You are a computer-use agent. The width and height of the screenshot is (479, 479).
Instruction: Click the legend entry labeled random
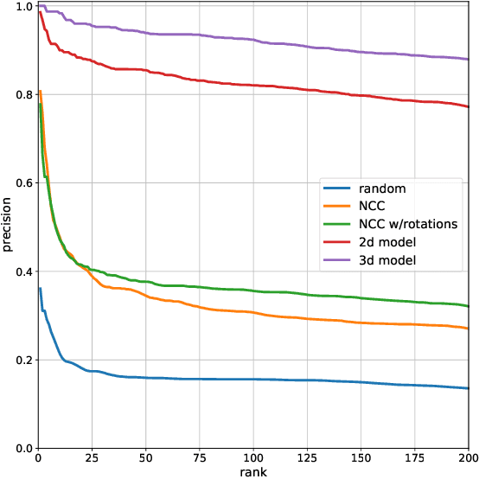(384, 187)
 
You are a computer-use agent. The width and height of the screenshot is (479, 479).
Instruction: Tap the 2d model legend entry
(390, 241)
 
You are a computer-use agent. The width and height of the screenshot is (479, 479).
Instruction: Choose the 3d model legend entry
(390, 259)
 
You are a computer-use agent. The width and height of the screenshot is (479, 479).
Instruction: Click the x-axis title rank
(252, 472)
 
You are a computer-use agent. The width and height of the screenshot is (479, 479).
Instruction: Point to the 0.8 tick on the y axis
(18, 94)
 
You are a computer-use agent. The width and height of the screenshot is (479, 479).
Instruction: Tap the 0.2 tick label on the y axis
(18, 360)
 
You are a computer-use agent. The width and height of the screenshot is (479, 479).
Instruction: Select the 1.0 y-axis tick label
(18, 6)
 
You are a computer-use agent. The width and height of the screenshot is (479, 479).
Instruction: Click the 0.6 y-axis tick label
(18, 182)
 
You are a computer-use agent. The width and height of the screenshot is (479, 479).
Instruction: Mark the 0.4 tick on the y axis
(18, 271)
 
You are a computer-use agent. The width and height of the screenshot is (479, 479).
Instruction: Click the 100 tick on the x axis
(252, 459)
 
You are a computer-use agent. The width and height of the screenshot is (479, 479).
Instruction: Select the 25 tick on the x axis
(92, 459)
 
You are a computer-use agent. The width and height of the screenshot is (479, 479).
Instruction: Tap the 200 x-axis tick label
(467, 459)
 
